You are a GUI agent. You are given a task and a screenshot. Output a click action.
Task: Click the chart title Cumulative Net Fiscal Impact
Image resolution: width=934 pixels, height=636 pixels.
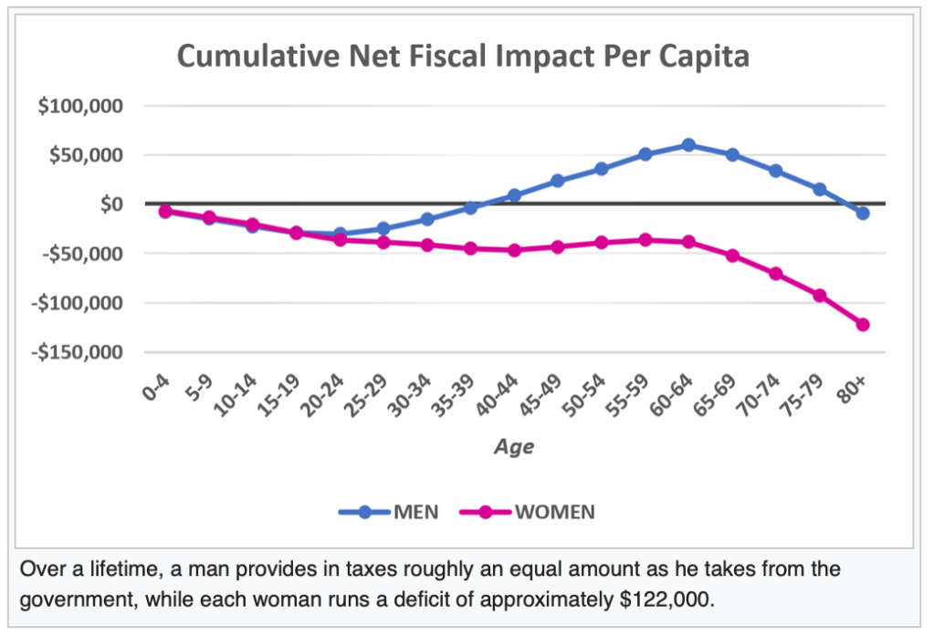463,57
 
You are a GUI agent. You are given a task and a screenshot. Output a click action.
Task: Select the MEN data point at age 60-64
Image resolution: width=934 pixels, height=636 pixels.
688,145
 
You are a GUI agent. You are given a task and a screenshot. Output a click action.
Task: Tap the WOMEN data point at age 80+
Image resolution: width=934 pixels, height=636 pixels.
862,325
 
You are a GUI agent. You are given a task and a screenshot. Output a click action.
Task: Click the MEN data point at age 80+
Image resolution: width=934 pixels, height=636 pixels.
862,213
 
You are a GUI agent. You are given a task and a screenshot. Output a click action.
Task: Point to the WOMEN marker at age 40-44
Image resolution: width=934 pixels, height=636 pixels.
514,250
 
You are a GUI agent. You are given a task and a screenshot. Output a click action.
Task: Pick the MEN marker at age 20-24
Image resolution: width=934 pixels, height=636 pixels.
340,235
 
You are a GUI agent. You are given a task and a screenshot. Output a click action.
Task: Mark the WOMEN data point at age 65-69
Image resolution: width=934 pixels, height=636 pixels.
731,255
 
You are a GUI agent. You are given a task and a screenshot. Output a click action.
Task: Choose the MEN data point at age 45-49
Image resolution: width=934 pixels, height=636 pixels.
558,181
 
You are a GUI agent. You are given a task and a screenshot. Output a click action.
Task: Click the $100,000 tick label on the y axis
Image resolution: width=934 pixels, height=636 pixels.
81,106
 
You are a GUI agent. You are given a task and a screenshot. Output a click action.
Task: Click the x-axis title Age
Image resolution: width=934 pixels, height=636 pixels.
514,447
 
